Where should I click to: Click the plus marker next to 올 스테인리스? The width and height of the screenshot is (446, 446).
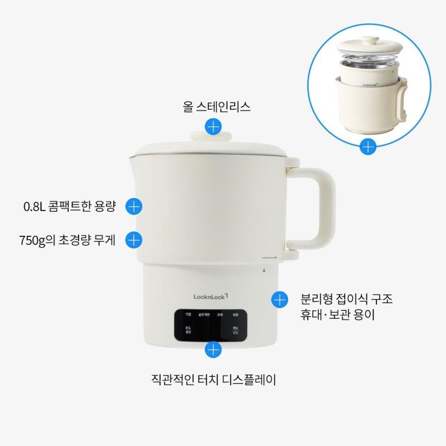[213, 127]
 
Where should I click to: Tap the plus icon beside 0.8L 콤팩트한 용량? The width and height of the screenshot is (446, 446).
[134, 206]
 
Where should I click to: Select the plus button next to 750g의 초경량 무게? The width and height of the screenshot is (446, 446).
[134, 240]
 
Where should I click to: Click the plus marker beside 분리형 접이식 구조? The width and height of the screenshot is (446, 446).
[279, 299]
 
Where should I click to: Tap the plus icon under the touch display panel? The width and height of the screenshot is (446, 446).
[214, 350]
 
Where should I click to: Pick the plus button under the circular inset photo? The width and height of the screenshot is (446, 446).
[367, 147]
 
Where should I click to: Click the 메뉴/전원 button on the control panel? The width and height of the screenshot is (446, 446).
[236, 331]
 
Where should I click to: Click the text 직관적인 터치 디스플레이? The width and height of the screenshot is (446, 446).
[214, 381]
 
